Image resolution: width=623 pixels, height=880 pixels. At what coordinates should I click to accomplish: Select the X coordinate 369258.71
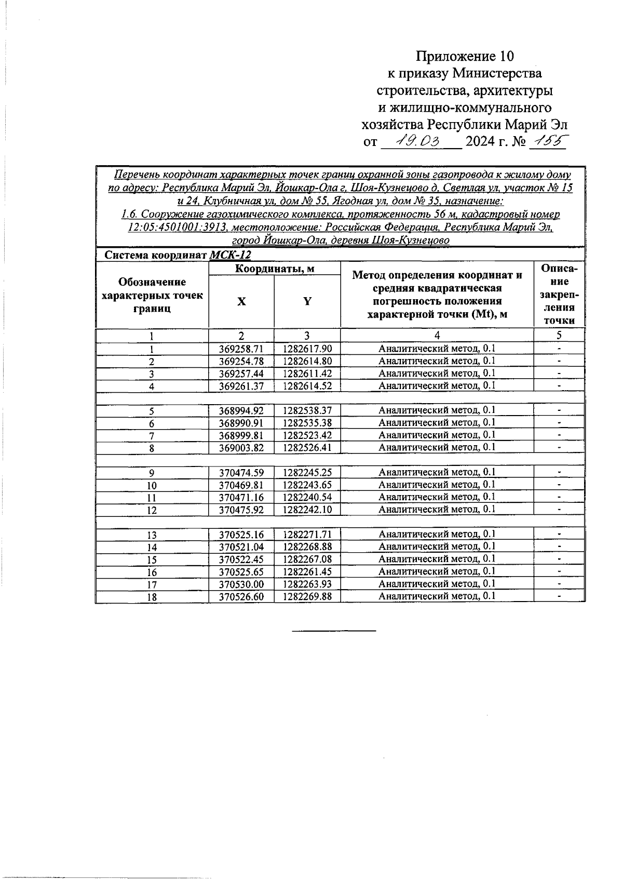pyautogui.click(x=241, y=349)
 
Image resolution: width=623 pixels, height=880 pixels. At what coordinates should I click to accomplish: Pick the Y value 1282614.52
pyautogui.click(x=307, y=385)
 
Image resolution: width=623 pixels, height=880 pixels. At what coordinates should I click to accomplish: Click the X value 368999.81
pyautogui.click(x=241, y=435)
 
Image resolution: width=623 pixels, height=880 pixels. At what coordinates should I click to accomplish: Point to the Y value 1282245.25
pyautogui.click(x=307, y=472)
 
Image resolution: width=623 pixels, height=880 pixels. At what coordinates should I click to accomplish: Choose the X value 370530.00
pyautogui.click(x=241, y=584)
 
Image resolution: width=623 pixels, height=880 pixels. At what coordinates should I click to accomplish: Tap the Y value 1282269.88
pyautogui.click(x=307, y=596)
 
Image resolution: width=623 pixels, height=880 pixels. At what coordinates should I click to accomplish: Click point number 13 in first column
pyautogui.click(x=152, y=535)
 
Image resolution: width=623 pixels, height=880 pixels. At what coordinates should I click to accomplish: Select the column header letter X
pyautogui.click(x=241, y=302)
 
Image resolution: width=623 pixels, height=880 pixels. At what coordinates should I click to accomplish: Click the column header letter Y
pyautogui.click(x=307, y=301)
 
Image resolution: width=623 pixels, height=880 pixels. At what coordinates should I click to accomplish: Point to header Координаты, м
pyautogui.click(x=275, y=269)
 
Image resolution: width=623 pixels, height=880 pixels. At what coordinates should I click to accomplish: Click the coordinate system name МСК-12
pyautogui.click(x=230, y=255)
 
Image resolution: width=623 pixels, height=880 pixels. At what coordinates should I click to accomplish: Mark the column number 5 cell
pyautogui.click(x=559, y=335)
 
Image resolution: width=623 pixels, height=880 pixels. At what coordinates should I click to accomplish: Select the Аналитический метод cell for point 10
pyautogui.click(x=437, y=485)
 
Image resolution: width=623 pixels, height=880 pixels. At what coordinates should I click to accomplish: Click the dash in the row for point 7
pyautogui.click(x=559, y=435)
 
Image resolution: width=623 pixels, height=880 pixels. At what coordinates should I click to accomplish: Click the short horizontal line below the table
pyautogui.click(x=334, y=631)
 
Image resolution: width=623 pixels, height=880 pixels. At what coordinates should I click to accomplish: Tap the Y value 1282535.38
pyautogui.click(x=307, y=423)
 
